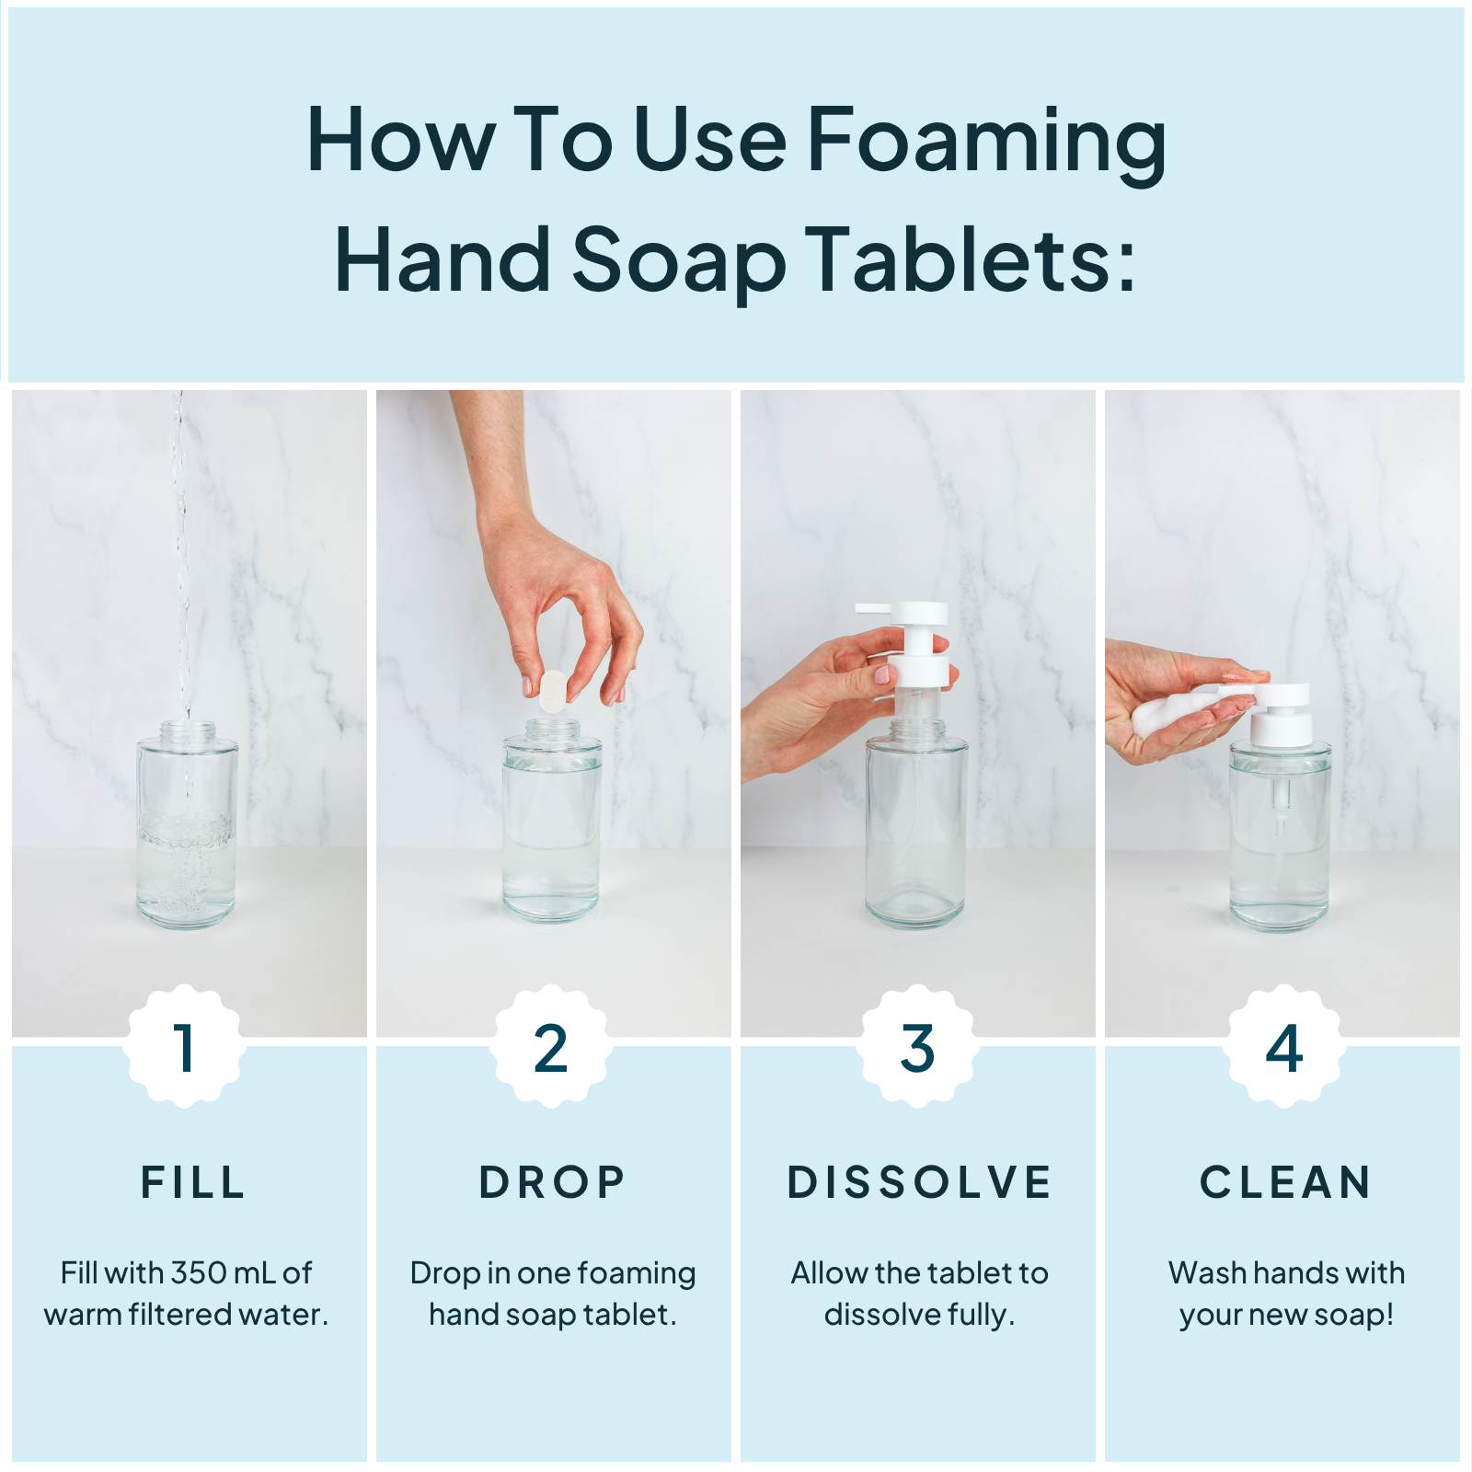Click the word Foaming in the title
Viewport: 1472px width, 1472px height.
(x=986, y=143)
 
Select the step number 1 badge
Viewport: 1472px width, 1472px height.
(x=185, y=1048)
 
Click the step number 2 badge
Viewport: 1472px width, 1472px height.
(x=550, y=1048)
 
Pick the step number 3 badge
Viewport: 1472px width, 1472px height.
(x=917, y=1048)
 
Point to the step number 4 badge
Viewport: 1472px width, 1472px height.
(x=1283, y=1048)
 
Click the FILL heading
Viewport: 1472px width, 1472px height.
(x=193, y=1182)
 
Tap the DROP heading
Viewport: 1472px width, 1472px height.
(x=552, y=1182)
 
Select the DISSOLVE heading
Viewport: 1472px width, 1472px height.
(x=919, y=1182)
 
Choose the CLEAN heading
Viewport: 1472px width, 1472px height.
(x=1286, y=1182)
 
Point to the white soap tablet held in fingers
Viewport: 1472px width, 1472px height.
(x=553, y=691)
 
